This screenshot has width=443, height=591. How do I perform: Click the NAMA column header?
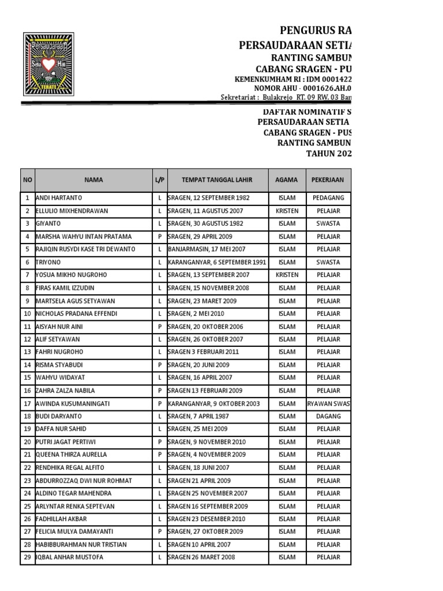coord(93,179)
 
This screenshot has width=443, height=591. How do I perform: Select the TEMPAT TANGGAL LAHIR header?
coord(217,179)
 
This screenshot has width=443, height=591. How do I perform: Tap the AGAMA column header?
coord(287,179)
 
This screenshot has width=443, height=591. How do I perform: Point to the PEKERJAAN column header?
coord(328,179)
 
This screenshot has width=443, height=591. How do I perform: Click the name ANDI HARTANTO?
coord(59,198)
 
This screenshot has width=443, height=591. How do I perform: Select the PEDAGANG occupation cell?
coord(328,198)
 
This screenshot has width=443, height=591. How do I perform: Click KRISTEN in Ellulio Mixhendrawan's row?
coord(287,211)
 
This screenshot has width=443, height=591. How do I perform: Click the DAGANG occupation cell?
coord(328,416)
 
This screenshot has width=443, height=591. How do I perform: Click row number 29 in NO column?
coord(27,558)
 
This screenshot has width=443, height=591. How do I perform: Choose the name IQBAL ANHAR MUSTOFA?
coord(69,558)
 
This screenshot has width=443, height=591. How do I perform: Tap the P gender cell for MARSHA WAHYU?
coord(159,237)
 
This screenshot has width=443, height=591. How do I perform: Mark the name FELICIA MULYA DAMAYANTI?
coord(75,532)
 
